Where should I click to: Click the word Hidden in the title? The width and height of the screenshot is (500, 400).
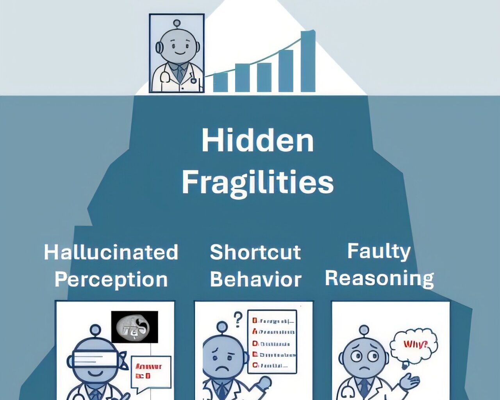[x=257, y=141]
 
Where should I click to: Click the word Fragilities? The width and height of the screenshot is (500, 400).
[x=257, y=182]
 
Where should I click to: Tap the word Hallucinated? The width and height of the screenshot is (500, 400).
[x=111, y=252]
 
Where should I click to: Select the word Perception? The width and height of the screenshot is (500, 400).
[x=111, y=280]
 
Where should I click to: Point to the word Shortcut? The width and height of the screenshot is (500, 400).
[x=255, y=252]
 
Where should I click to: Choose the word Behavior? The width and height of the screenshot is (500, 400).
[x=255, y=280]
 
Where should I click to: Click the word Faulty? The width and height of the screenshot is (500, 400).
[x=379, y=251]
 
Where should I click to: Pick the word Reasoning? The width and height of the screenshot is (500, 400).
[x=379, y=279]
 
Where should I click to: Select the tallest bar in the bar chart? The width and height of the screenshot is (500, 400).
[x=308, y=61]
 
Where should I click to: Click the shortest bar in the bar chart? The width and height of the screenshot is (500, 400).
[x=220, y=82]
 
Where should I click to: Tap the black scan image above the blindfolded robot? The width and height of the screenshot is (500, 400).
[x=134, y=327]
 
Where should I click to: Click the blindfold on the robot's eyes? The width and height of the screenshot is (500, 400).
[x=96, y=358]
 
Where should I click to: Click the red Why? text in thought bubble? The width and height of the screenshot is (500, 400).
[x=415, y=345]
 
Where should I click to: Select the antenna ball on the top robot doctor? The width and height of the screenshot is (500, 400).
[x=177, y=23]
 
